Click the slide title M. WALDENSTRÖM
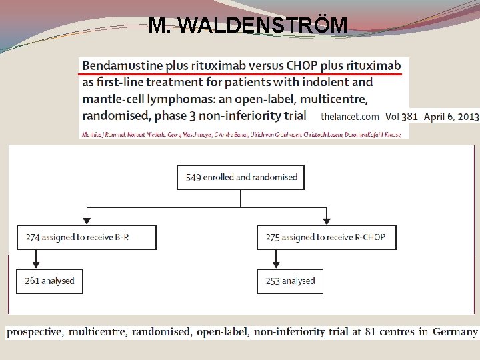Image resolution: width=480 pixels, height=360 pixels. point(248,25)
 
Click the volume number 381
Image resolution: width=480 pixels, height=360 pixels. point(409,115)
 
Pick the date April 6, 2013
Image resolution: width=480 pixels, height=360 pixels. point(451,115)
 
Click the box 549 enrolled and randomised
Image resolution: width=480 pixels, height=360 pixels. point(241,178)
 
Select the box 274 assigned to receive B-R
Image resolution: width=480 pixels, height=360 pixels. point(87,237)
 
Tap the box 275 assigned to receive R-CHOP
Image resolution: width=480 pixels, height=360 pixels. point(327,237)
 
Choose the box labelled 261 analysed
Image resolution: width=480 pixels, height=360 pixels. point(49,281)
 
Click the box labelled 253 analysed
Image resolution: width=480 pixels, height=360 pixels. point(290,281)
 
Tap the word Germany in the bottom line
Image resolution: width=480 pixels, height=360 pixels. point(455,332)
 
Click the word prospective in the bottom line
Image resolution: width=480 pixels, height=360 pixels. point(34,332)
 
